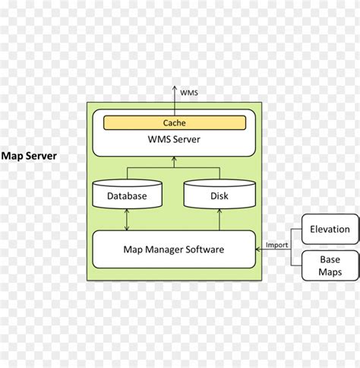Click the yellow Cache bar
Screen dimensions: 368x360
174,123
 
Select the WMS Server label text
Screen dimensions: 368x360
174,138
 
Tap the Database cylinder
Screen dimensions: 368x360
127,195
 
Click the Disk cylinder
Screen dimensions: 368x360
219,195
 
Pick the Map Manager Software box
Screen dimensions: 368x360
174,249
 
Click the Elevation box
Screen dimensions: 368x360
330,229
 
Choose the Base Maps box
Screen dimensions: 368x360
330,265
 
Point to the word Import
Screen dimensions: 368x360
276,245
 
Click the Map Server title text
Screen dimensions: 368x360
29,156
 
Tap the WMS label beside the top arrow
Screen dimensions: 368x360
189,93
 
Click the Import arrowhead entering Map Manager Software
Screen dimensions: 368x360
258,249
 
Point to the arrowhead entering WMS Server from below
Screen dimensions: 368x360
174,160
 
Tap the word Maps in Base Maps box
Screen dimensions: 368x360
330,271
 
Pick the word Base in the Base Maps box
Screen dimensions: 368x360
330,259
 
